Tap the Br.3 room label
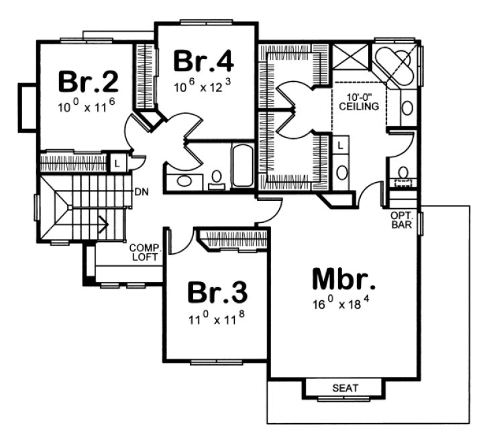click(x=216, y=293)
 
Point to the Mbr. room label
click(x=343, y=278)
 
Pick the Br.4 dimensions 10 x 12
click(x=203, y=87)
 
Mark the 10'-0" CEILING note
click(x=359, y=102)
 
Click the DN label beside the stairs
click(x=141, y=192)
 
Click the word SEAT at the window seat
click(x=345, y=388)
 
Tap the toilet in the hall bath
click(x=216, y=178)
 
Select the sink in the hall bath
click(x=182, y=180)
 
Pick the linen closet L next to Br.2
click(x=116, y=163)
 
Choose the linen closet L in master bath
click(x=340, y=144)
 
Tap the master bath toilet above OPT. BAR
click(x=402, y=175)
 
